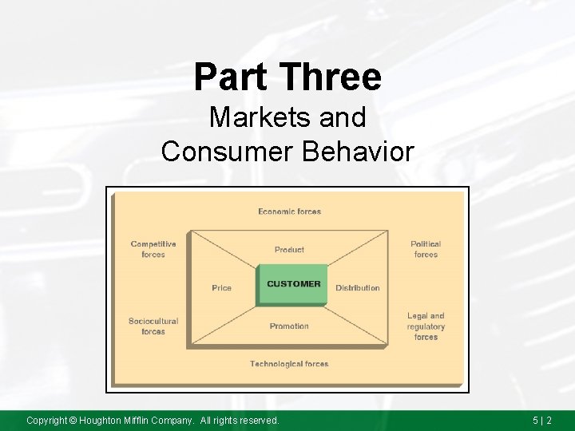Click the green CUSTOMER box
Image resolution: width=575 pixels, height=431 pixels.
[x=293, y=284]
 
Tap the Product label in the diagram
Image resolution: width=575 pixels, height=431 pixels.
[x=289, y=250]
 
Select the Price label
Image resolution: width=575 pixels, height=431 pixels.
[x=222, y=288]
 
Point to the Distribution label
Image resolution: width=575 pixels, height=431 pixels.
[x=357, y=288]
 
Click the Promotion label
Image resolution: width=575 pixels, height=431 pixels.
[x=289, y=326]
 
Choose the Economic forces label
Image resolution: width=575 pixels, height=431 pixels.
[x=289, y=212]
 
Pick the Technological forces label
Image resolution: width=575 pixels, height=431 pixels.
[x=289, y=364]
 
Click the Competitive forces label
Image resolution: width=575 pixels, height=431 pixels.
[x=153, y=249]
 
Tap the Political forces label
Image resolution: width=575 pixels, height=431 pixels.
[x=426, y=249]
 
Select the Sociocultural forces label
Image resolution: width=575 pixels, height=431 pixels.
[x=153, y=326]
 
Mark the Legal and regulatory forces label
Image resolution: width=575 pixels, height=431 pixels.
[x=426, y=326]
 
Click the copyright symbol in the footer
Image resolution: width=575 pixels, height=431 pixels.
[x=72, y=420]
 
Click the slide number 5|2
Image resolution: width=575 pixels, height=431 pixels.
[x=542, y=420]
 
